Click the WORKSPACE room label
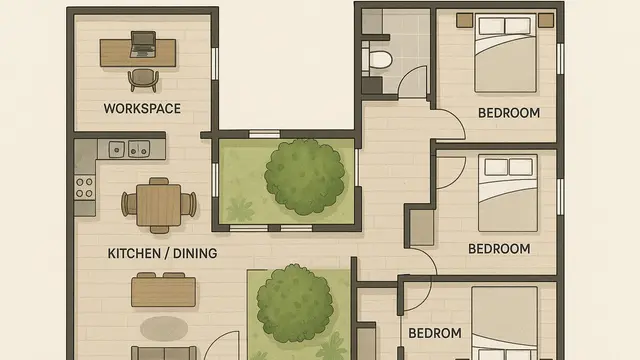[142, 107]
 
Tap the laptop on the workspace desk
[143, 43]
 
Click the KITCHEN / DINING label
[162, 253]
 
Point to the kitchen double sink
[128, 150]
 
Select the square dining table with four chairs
[158, 203]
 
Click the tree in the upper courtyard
[304, 175]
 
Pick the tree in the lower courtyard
[296, 303]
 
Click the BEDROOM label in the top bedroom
[508, 112]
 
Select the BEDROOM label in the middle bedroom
[499, 248]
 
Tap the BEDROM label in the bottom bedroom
[434, 333]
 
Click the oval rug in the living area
[164, 327]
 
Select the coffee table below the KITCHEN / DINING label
[163, 290]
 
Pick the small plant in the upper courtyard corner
[240, 210]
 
